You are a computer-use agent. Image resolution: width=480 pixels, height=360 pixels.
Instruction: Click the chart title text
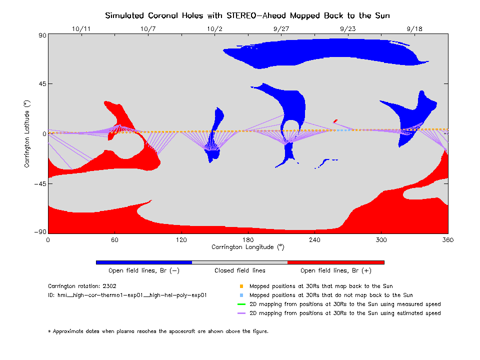tap(247, 15)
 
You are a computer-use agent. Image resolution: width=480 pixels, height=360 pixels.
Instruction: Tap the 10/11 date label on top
tap(81, 29)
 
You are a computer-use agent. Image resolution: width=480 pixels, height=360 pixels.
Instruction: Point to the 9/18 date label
tap(414, 29)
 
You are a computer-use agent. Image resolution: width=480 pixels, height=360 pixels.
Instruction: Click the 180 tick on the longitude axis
tap(248, 240)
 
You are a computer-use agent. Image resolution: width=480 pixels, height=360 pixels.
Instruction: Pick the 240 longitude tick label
tap(314, 240)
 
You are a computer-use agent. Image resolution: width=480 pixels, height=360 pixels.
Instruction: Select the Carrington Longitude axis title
tap(247, 247)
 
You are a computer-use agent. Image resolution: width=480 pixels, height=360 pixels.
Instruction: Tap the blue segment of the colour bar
tap(144, 262)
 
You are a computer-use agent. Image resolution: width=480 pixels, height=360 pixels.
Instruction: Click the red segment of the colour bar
tap(335, 262)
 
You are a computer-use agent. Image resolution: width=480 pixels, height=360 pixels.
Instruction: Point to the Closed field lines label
tap(240, 270)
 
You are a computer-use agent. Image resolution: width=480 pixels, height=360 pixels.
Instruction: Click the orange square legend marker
tap(241, 286)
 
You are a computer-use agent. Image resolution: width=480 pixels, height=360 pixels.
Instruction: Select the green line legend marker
tap(241, 304)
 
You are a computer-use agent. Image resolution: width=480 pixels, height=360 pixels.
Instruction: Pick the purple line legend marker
tap(241, 313)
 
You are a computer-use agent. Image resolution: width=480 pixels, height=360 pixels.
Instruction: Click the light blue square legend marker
tap(241, 295)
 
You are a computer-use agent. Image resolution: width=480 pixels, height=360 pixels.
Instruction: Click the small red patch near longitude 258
tap(335, 120)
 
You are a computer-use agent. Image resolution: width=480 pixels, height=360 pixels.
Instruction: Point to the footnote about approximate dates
tap(158, 331)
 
